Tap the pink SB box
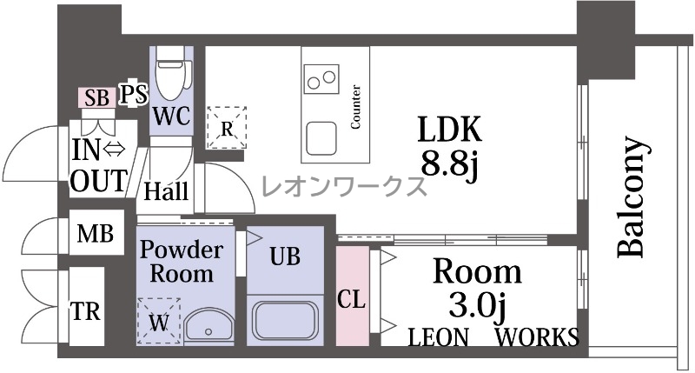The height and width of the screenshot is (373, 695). pyautogui.click(x=97, y=97)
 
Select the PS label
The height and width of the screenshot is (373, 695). pyautogui.click(x=135, y=94)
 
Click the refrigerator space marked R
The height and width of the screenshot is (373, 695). pyautogui.click(x=227, y=128)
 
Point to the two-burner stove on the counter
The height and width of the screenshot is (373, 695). pyautogui.click(x=321, y=78)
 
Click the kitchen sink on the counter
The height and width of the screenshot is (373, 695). pyautogui.click(x=321, y=138)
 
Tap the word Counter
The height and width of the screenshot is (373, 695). pyautogui.click(x=355, y=107)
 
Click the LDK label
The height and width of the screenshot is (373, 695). pyautogui.click(x=449, y=130)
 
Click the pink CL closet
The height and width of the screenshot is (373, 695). pyautogui.click(x=353, y=296)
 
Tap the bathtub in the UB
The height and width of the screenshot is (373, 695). pyautogui.click(x=285, y=320)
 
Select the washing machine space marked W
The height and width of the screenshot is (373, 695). pyautogui.click(x=159, y=321)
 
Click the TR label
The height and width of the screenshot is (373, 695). pyautogui.click(x=86, y=311)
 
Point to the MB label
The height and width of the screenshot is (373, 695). pyautogui.click(x=96, y=233)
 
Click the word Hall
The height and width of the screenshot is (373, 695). pyautogui.click(x=166, y=191)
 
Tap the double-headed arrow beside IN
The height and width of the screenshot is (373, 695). pyautogui.click(x=114, y=150)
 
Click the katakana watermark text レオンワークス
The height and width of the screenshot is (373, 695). pyautogui.click(x=344, y=186)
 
